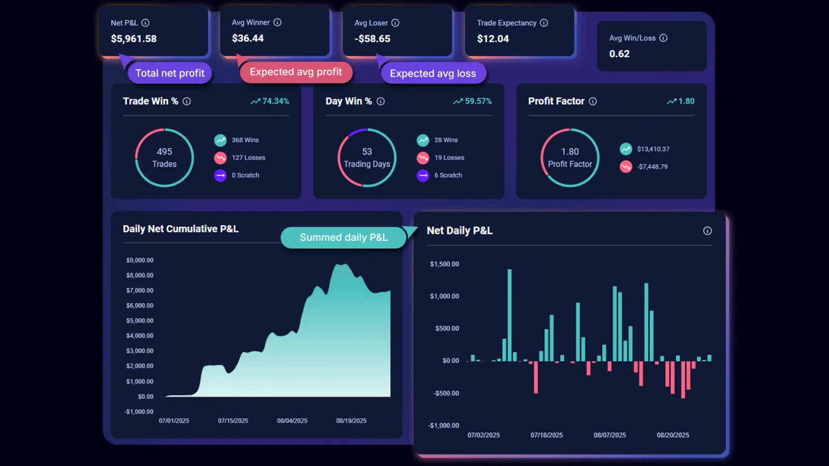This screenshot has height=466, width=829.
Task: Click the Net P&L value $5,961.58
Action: point(134,39)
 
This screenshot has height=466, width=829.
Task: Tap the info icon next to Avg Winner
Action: point(277,22)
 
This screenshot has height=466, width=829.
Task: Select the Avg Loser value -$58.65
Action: point(373,39)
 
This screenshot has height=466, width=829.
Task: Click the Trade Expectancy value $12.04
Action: point(493,39)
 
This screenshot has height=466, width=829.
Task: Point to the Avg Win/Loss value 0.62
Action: point(619,54)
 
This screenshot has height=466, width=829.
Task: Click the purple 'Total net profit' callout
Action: point(170,73)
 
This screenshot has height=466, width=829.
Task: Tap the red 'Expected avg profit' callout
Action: point(296,72)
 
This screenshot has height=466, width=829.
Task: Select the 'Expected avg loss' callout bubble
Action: point(433,74)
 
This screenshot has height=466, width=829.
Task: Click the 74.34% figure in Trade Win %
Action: point(275,101)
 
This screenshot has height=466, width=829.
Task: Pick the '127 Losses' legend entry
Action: point(248,157)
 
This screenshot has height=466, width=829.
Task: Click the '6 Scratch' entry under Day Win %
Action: point(448,175)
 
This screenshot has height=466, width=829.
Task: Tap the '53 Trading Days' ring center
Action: point(367,157)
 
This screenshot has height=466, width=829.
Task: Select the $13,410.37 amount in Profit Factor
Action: point(653,149)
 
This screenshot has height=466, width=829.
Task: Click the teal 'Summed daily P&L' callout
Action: point(344,237)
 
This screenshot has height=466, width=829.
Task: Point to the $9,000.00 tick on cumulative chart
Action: point(140,260)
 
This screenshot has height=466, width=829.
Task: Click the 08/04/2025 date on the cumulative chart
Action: point(292,420)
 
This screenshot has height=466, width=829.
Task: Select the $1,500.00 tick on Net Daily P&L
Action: point(445,264)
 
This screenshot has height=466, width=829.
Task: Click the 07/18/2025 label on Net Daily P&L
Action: point(547,435)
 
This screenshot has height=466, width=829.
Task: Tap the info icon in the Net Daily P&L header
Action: point(707,231)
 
